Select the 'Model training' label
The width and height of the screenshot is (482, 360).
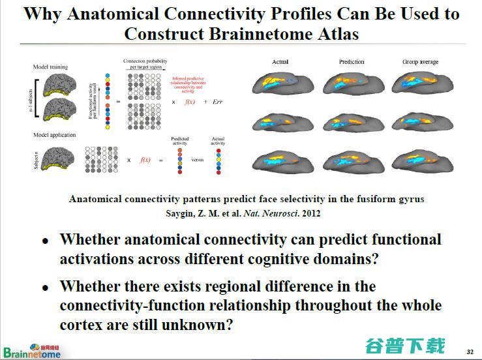coord(51,67)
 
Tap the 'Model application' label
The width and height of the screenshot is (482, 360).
coord(55,135)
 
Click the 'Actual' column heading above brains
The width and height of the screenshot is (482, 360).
coord(280,63)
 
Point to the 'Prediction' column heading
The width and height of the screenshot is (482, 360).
coord(352,63)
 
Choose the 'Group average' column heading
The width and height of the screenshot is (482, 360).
coord(420,63)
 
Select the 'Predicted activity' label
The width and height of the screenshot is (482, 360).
coord(180,142)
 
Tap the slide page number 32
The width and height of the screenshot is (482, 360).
coord(470,351)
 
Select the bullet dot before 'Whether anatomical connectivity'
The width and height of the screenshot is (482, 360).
coord(46,241)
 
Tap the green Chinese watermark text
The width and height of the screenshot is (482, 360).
coord(405,345)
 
